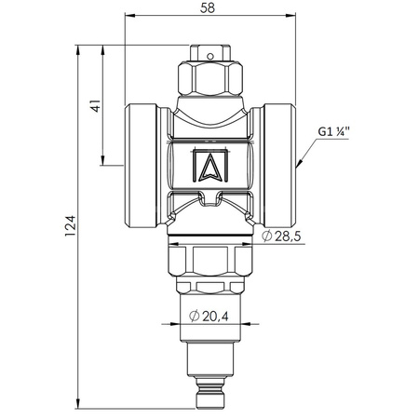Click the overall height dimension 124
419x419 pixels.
[x=82, y=223]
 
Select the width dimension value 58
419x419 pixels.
[x=210, y=9]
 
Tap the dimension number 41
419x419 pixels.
[x=94, y=107]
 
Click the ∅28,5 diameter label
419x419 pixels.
[x=282, y=237]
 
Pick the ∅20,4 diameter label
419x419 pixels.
[x=206, y=316]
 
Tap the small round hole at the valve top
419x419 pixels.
[x=209, y=57]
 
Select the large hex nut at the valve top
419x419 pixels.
[x=209, y=78]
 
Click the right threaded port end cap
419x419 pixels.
[x=278, y=164]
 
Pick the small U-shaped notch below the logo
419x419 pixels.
[x=209, y=196]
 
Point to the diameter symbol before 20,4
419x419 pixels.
[x=193, y=316]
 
